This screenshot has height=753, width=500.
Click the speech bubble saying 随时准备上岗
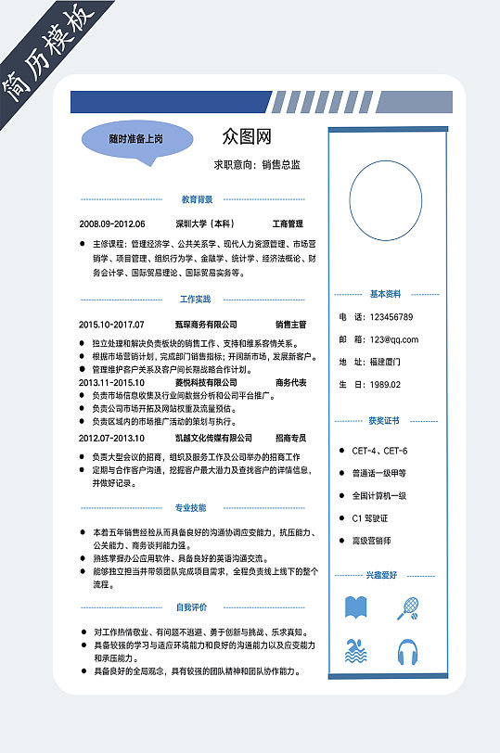click(x=135, y=140)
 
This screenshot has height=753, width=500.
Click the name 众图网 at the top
click(x=247, y=137)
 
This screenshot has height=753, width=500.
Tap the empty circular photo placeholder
click(x=385, y=202)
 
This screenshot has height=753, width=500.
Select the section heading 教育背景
click(x=196, y=198)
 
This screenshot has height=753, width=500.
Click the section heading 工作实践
click(x=195, y=300)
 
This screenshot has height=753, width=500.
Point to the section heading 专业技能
click(x=191, y=508)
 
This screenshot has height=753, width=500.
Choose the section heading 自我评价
click(x=191, y=607)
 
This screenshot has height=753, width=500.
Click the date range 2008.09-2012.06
click(x=112, y=224)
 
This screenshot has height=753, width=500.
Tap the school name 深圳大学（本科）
click(x=205, y=224)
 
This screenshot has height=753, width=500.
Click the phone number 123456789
click(x=391, y=317)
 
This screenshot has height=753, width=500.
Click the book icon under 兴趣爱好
click(x=356, y=607)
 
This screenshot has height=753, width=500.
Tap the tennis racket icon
click(x=407, y=607)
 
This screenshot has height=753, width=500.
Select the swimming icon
click(x=356, y=651)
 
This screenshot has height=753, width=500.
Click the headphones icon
click(x=407, y=652)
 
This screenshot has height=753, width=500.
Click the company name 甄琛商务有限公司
click(x=206, y=325)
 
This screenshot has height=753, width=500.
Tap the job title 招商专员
click(x=291, y=438)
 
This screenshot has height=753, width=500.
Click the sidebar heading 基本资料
click(x=385, y=294)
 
